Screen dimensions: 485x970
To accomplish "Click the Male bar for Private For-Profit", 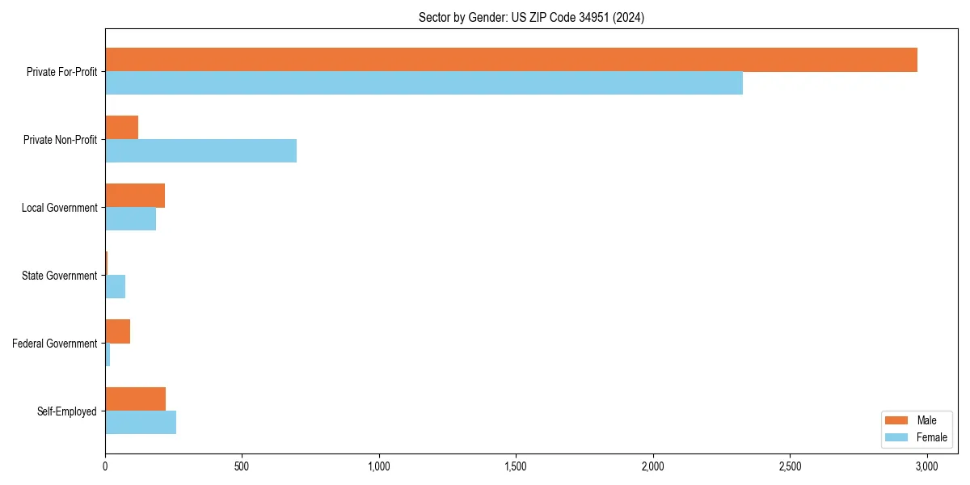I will pos(511,60).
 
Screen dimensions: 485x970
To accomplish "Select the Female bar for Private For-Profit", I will pos(424,83).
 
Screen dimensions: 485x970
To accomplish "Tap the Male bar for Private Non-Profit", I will pos(121,128).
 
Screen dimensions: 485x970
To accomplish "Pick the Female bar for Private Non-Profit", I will pos(200,151).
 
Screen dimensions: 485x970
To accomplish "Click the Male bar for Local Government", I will pos(135,196).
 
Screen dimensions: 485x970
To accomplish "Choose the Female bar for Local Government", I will pos(130,219).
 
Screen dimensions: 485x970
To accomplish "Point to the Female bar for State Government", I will pos(115,287).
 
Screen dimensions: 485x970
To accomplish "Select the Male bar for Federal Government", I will pos(117,331).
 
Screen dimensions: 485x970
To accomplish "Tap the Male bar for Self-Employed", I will pos(135,399).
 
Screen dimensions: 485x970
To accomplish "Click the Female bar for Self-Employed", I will pos(141,423).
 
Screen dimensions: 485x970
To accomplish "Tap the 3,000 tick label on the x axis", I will pos(926,466).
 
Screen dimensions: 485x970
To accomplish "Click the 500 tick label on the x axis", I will pos(242,466).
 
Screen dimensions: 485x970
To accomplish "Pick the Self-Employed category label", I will pos(66,411).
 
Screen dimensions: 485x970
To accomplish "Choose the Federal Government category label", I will pos(54,344).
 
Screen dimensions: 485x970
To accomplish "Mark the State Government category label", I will pos(59,276).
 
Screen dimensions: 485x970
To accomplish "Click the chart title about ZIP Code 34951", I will pos(531,17).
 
